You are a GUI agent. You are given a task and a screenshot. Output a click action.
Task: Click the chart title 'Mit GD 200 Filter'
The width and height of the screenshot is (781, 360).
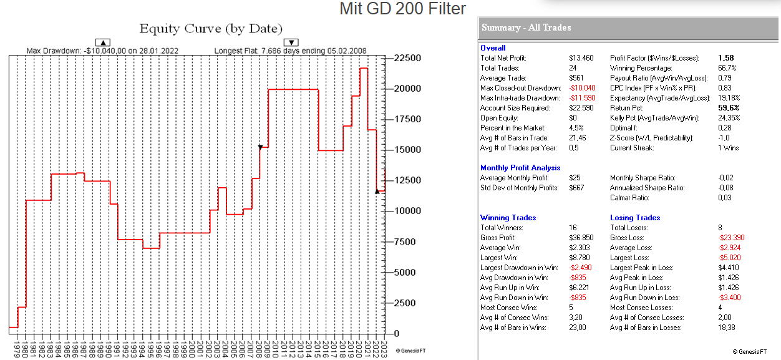point(402,9)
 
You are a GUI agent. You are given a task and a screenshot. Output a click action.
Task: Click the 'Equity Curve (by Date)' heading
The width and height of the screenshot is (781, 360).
point(211,29)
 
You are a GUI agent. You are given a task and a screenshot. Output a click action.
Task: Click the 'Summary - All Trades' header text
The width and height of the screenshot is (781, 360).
point(526,27)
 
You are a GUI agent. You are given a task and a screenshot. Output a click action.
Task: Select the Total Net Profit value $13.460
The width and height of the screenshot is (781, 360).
point(581,58)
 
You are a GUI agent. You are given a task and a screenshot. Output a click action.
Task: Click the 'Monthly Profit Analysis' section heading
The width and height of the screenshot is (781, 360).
point(520,168)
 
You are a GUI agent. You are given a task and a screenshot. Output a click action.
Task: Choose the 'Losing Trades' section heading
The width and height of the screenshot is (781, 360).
point(635,218)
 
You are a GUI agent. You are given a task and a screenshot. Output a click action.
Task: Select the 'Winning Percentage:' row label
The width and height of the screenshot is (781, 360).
point(641,68)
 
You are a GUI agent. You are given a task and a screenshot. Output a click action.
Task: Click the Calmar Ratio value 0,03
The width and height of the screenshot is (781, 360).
point(726,198)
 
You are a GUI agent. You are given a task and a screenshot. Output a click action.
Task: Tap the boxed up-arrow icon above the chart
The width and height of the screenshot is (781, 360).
point(105,42)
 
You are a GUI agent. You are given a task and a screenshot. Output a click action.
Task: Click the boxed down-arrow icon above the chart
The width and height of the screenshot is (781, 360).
point(291,42)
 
